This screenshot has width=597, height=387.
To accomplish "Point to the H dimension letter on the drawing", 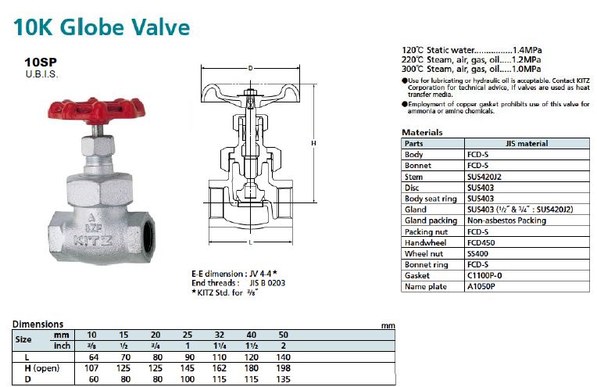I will coord(313,145).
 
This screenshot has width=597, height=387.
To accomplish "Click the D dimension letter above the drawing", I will coord(249,69).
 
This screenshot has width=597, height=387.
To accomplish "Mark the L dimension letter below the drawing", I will coord(249,245).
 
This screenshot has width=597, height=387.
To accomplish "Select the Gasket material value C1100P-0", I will coord(484,275).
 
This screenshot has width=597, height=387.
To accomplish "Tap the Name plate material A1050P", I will coord(481,286).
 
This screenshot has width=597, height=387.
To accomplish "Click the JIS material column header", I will coord(527,144).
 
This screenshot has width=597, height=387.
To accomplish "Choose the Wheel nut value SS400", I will coord(478,253).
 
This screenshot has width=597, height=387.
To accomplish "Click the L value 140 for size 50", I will coord(283,357).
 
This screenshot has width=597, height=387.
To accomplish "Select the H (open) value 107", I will coord(91,367).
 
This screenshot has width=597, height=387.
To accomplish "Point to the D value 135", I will coord(283,378).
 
